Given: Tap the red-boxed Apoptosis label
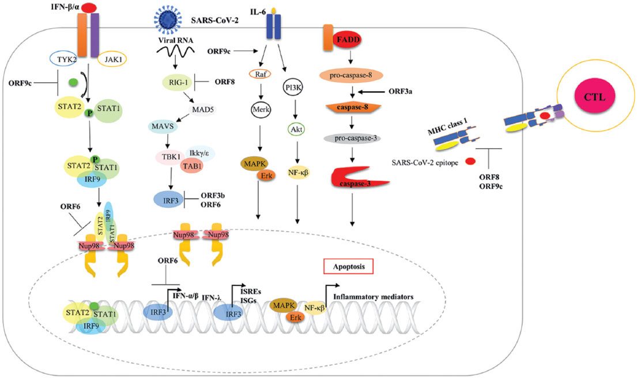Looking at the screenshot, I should (x=348, y=266).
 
